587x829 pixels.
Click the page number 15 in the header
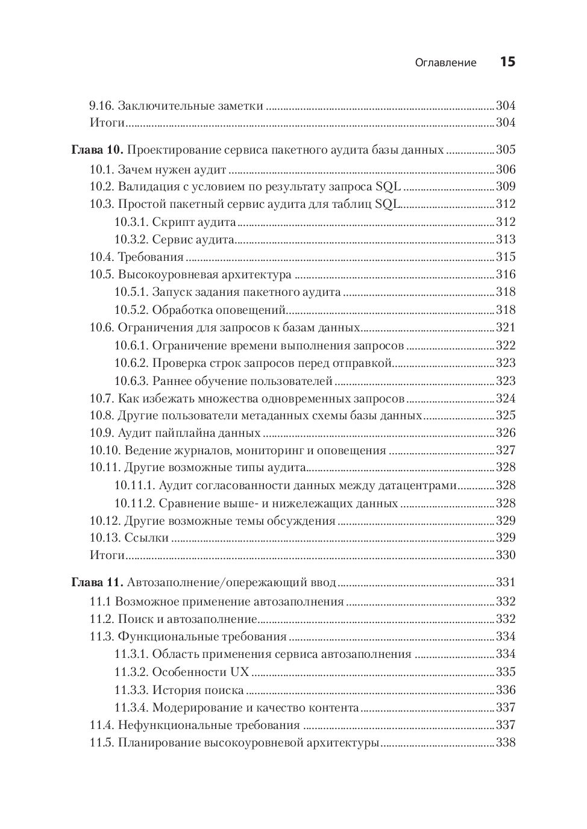pyautogui.click(x=507, y=61)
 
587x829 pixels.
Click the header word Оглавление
pyautogui.click(x=445, y=63)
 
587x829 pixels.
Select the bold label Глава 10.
pyautogui.click(x=97, y=150)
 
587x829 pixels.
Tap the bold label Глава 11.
pyautogui.click(x=97, y=583)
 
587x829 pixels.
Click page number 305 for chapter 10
pyautogui.click(x=506, y=150)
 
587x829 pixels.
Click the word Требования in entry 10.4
pyautogui.click(x=151, y=257)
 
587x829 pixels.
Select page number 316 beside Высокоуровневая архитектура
pyautogui.click(x=506, y=275)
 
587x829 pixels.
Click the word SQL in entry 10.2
pyautogui.click(x=388, y=186)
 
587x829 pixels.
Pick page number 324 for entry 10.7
pyautogui.click(x=506, y=398)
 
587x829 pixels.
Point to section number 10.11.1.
pyautogui.click(x=135, y=486)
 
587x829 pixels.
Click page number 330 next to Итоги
pyautogui.click(x=506, y=555)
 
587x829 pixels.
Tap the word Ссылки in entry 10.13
pyautogui.click(x=146, y=538)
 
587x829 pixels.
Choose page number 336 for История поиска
pyautogui.click(x=506, y=690)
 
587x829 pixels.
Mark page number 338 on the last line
pyautogui.click(x=506, y=743)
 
